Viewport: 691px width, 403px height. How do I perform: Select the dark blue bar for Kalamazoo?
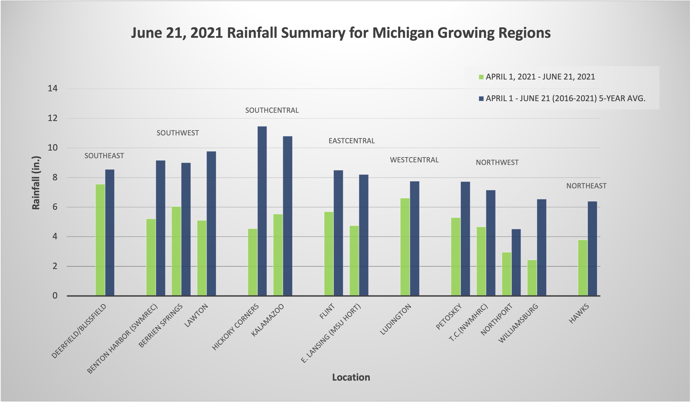(288, 216)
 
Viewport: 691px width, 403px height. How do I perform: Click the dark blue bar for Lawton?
(211, 224)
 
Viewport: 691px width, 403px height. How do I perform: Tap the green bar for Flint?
(329, 254)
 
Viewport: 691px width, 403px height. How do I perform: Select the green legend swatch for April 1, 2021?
(481, 77)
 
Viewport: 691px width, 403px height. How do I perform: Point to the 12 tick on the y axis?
(53, 118)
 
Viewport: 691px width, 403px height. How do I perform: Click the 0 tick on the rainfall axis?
(55, 296)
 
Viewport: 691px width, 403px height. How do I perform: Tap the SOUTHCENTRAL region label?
(272, 110)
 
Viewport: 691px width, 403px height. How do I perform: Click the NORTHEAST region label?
(586, 186)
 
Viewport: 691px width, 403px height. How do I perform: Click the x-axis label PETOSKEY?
(449, 317)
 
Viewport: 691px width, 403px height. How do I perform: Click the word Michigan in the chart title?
(403, 33)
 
